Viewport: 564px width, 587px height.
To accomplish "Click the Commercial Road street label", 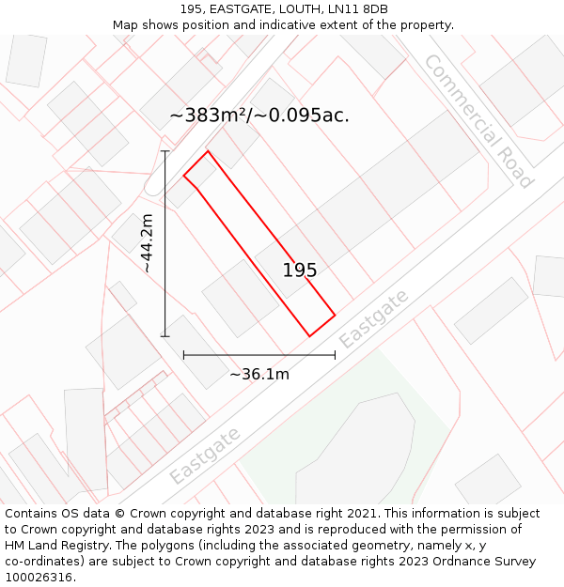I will [478, 120].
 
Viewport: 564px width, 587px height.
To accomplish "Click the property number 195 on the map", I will [300, 270].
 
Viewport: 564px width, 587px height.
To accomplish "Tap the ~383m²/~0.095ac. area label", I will [259, 116].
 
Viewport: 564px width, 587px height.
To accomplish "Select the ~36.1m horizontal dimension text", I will [259, 374].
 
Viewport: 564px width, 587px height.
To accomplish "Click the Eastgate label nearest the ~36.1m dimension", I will [374, 318].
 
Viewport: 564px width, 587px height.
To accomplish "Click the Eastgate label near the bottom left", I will [205, 456].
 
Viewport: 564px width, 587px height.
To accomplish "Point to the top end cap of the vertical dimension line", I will [165, 151].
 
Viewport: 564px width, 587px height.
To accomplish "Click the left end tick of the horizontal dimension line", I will [184, 355].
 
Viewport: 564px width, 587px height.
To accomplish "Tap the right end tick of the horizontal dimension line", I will [335, 355].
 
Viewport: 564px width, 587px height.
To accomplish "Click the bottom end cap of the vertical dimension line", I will [165, 335].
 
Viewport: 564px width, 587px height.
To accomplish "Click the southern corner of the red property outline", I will [310, 335].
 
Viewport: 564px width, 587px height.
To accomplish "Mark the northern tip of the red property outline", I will [207, 151].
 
